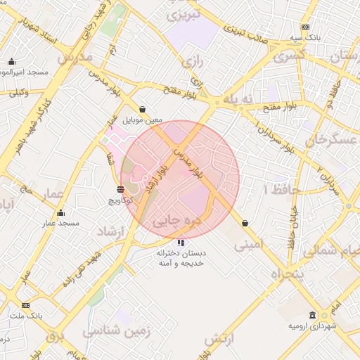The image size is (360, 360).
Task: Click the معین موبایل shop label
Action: (143, 120)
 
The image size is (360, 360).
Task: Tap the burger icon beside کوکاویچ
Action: (121, 189)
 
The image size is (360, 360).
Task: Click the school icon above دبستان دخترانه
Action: (182, 243)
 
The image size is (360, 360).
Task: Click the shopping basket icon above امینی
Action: (245, 223)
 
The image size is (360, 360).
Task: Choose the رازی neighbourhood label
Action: (192, 63)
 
